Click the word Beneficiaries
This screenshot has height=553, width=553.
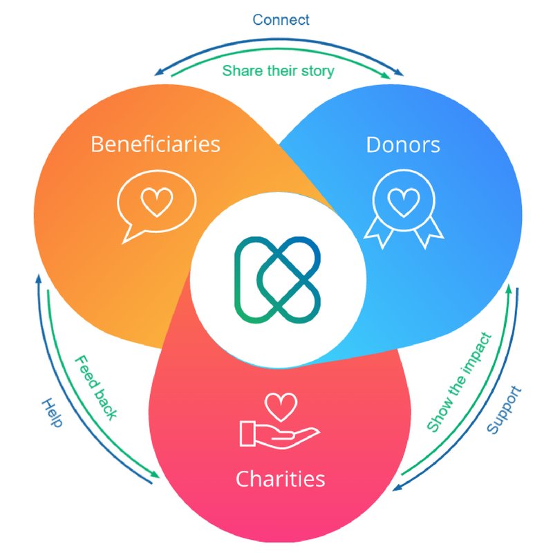[x=156, y=144]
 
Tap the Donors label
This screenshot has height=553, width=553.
[x=402, y=144]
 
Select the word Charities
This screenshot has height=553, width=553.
[x=280, y=478]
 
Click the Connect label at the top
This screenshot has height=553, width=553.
[x=281, y=19]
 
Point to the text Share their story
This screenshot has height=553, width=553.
[x=278, y=71]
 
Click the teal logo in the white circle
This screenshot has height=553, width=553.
[x=277, y=279]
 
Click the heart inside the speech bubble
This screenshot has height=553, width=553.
[x=156, y=200]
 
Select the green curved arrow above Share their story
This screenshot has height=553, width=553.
[x=276, y=57]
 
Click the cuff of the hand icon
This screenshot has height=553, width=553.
[x=247, y=433]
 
